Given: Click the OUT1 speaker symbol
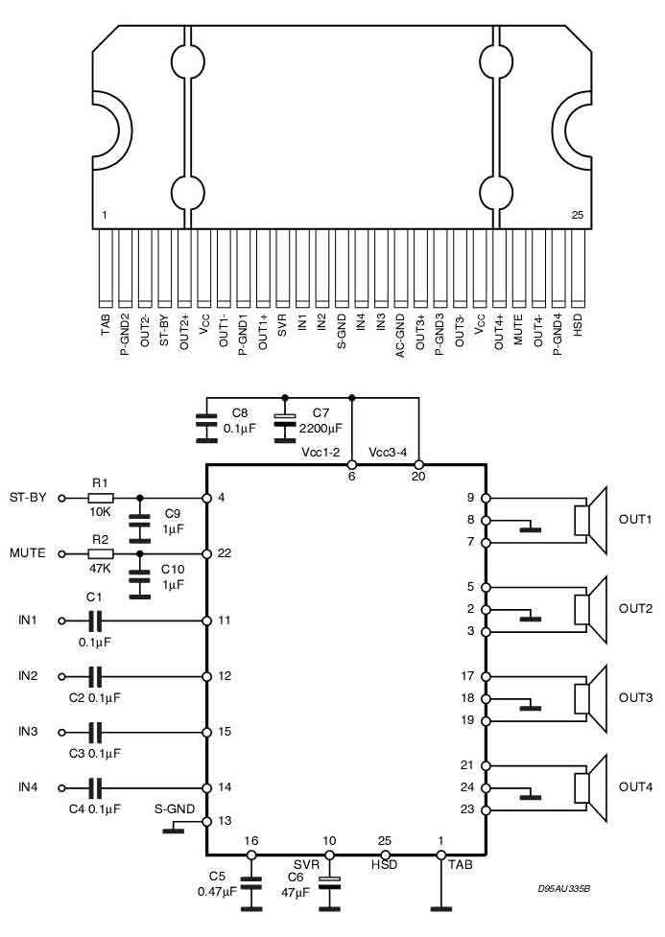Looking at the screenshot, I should (589, 520).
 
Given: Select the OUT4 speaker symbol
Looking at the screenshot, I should (589, 787).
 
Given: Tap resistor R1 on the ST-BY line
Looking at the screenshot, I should (100, 499).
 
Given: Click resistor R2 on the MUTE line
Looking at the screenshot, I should (100, 554).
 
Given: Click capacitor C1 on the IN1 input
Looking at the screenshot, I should (95, 621).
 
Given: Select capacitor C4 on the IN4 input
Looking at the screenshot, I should (95, 787).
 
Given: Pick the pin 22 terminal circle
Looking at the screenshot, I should (206, 554).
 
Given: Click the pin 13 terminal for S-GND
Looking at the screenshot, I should (206, 821).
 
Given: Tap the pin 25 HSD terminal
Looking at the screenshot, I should (385, 854).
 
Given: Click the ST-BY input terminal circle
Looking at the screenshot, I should (62, 499).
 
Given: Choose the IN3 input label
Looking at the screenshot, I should (27, 732).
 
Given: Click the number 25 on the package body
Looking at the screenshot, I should (576, 215).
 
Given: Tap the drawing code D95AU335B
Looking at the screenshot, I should (563, 889).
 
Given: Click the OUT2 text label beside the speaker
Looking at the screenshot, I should (634, 608).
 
